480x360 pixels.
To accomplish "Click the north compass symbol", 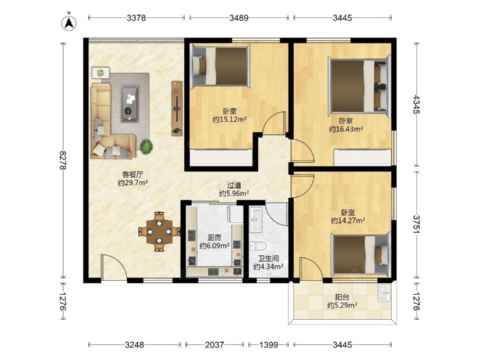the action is pos(69,23).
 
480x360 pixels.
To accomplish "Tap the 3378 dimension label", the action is pos(136,18).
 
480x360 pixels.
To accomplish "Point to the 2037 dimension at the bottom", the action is pos(214,345).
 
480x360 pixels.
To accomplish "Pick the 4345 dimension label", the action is pos(416,104).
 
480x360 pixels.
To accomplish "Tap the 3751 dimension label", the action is pos(416,225).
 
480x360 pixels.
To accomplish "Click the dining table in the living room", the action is pos(159,232).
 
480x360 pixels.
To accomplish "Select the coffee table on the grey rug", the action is pos(130,103).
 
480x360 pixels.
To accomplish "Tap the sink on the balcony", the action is pos(384,293).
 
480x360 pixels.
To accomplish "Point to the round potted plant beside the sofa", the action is pos(146,146).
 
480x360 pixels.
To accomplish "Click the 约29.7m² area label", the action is pos(133,183).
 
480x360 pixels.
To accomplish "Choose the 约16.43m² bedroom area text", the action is pos(346,129).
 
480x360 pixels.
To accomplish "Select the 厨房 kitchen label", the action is pos(214,238).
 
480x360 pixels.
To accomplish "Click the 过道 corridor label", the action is pos(234,185).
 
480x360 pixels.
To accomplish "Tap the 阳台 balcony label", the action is pos(342,297).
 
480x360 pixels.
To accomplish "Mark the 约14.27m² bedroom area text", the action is pos(348,220).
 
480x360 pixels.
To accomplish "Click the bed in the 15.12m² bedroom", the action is pos(220,66).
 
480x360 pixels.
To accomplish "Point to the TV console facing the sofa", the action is pos(177,108).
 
